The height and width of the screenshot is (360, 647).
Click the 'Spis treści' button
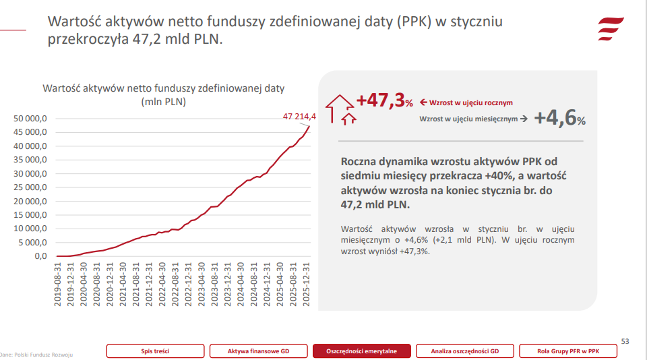tap(154, 351)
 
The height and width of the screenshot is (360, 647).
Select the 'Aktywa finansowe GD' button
tap(258, 351)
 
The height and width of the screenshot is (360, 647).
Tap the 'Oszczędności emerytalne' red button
tap(362, 351)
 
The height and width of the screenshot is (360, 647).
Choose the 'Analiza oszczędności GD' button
tap(465, 351)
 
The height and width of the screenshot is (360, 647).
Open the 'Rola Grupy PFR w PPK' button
tap(568, 351)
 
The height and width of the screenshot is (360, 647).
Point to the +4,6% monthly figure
tap(559, 119)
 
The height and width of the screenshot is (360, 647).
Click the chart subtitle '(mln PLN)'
tap(164, 102)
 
